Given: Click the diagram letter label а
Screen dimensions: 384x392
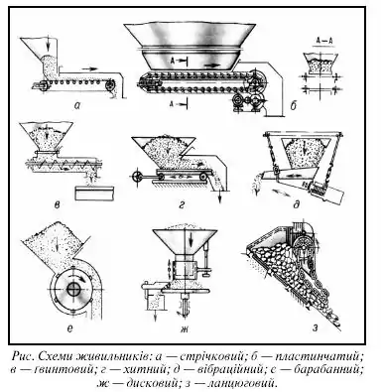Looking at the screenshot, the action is click(77, 105).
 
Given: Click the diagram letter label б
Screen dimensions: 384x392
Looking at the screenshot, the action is click(293, 105).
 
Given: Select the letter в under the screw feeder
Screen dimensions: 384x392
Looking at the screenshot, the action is click(57, 205).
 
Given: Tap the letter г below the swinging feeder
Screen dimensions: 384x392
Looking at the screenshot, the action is click(181, 205).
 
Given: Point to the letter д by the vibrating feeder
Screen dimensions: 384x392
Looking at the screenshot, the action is click(297, 205).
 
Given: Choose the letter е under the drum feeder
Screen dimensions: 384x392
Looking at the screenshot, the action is click(69, 328).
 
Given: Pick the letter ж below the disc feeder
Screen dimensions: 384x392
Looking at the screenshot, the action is click(185, 328).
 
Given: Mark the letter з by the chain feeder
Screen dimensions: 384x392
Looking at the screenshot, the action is click(316, 328).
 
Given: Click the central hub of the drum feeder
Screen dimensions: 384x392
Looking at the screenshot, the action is click(73, 289).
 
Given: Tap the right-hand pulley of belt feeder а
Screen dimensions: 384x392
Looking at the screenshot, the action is click(110, 86).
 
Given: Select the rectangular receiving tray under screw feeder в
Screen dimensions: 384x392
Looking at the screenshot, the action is click(94, 193).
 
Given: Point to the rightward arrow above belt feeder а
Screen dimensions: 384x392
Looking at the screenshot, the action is click(89, 68).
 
